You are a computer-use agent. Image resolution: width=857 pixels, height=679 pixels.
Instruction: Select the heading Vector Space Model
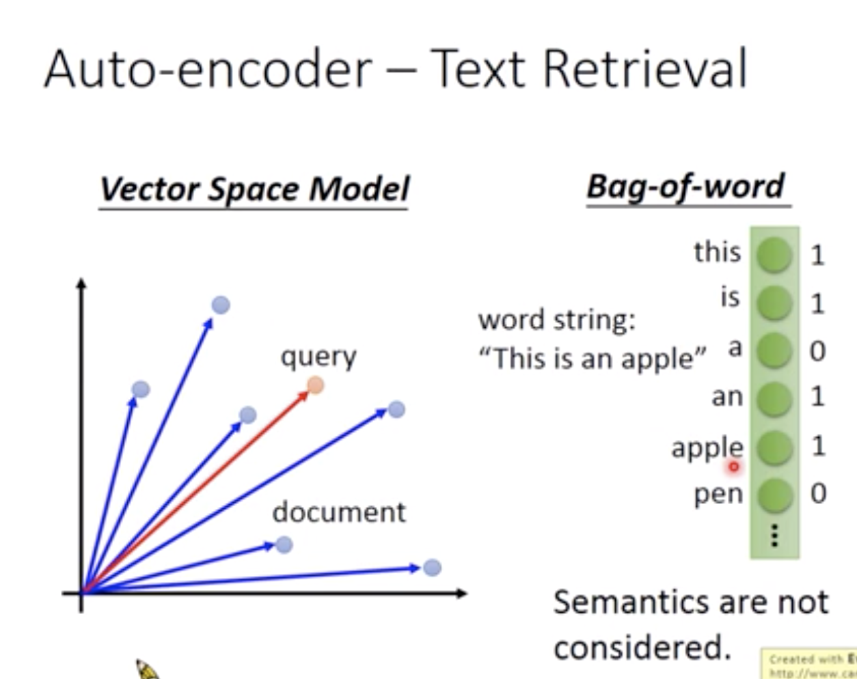pos(254,189)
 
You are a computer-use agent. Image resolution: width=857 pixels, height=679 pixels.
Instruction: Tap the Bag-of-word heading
pos(686,186)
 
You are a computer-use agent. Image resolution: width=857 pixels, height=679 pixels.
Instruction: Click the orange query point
pos(315,385)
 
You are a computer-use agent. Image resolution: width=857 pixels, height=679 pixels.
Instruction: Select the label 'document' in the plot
pos(339,512)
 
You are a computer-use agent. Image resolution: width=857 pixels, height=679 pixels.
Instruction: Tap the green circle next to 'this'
pos(774,255)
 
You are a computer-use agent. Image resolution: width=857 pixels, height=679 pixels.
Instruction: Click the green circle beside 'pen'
pos(774,495)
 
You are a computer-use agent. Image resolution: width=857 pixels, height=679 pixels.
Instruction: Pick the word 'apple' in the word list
pos(707,448)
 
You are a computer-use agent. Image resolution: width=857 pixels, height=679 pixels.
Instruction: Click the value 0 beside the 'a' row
pos(817,351)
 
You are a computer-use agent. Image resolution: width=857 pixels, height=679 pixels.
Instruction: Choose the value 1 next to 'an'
pos(817,397)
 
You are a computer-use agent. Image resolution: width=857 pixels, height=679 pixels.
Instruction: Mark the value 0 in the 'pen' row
pos(817,494)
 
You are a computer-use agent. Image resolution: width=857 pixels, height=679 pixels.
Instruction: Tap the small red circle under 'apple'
pos(734,467)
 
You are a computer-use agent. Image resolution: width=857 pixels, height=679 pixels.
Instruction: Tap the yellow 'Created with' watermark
pos(810,664)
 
